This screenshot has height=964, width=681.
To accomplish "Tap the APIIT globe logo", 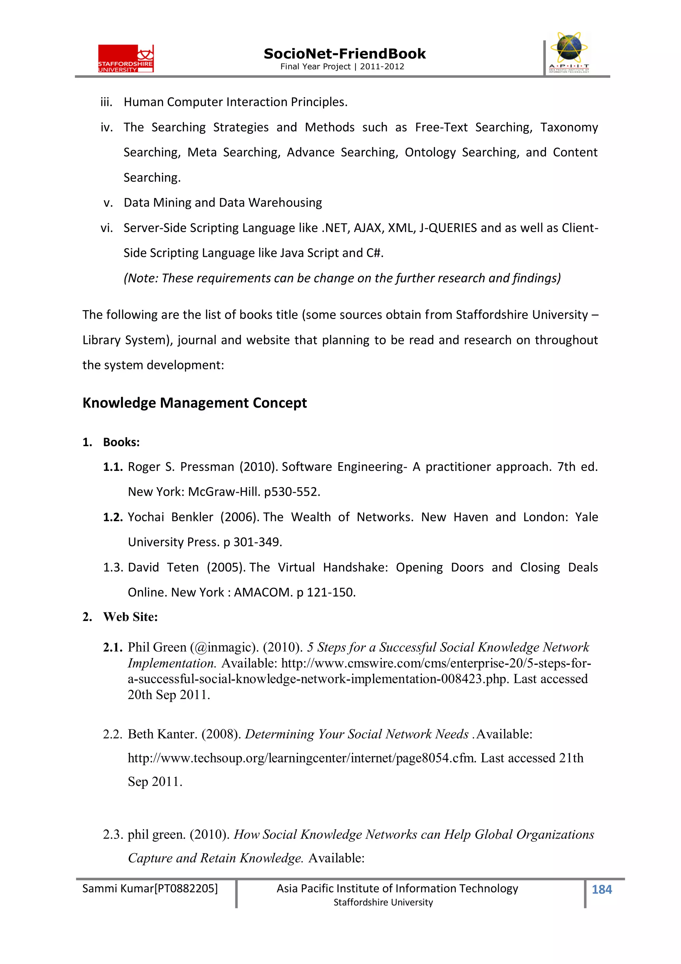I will (569, 53).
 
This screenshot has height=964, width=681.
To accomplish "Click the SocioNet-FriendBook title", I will (344, 54).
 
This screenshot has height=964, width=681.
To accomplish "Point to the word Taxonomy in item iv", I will (569, 127).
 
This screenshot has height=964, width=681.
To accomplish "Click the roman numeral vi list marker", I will (107, 228).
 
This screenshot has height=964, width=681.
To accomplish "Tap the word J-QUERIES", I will (448, 228).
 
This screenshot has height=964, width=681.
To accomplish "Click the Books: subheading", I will (121, 442).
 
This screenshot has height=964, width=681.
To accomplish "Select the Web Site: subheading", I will (130, 617).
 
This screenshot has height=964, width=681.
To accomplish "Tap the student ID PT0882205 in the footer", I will (186, 888).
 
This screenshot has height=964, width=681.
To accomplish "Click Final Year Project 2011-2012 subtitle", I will (342, 66).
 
